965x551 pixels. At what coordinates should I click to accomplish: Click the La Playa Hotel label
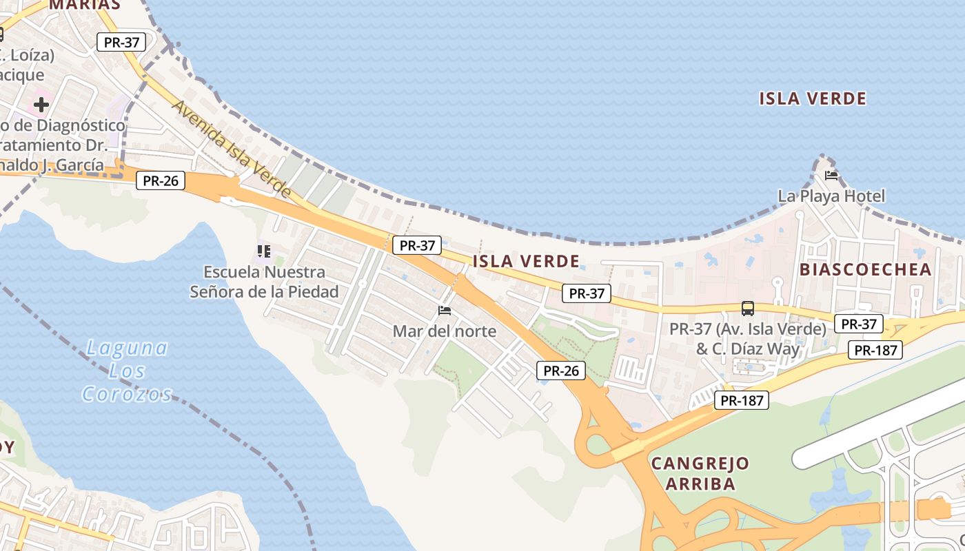831,196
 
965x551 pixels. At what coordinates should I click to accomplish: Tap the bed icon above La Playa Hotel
831,176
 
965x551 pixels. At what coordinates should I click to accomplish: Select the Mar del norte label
444,331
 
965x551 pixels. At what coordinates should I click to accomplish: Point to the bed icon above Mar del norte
445,311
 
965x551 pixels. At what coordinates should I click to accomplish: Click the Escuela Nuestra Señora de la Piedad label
265,282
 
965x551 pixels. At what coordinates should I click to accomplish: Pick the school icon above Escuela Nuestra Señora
263,251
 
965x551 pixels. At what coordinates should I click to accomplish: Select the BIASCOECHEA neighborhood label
866,269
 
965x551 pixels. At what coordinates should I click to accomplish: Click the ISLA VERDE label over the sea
813,98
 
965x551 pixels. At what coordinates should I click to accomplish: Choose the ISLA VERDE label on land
526,261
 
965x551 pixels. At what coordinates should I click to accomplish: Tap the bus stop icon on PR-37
748,309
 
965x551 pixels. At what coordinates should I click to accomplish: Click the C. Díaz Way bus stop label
748,339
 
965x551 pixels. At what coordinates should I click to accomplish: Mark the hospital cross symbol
41,105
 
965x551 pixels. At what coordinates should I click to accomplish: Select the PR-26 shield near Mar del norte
561,371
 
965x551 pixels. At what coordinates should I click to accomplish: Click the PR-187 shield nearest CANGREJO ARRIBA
741,400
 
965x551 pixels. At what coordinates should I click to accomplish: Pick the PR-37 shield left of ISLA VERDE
417,245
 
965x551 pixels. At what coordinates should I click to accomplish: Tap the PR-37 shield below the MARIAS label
121,42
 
